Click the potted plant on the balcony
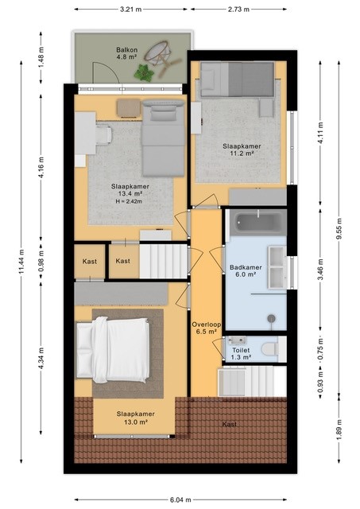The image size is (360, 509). (x=145, y=73)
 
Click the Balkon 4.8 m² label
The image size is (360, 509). (x=127, y=52)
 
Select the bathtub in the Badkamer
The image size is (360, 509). (x=256, y=223)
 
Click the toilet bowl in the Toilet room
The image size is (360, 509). (x=269, y=348)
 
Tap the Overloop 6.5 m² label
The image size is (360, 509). (x=205, y=328)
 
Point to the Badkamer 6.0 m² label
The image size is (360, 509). (x=244, y=272)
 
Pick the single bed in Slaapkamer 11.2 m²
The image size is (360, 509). (x=236, y=79)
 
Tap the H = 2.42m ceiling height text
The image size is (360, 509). (x=130, y=201)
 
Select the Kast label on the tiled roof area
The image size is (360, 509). (x=229, y=424)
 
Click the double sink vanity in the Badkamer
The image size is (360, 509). (x=277, y=266)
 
